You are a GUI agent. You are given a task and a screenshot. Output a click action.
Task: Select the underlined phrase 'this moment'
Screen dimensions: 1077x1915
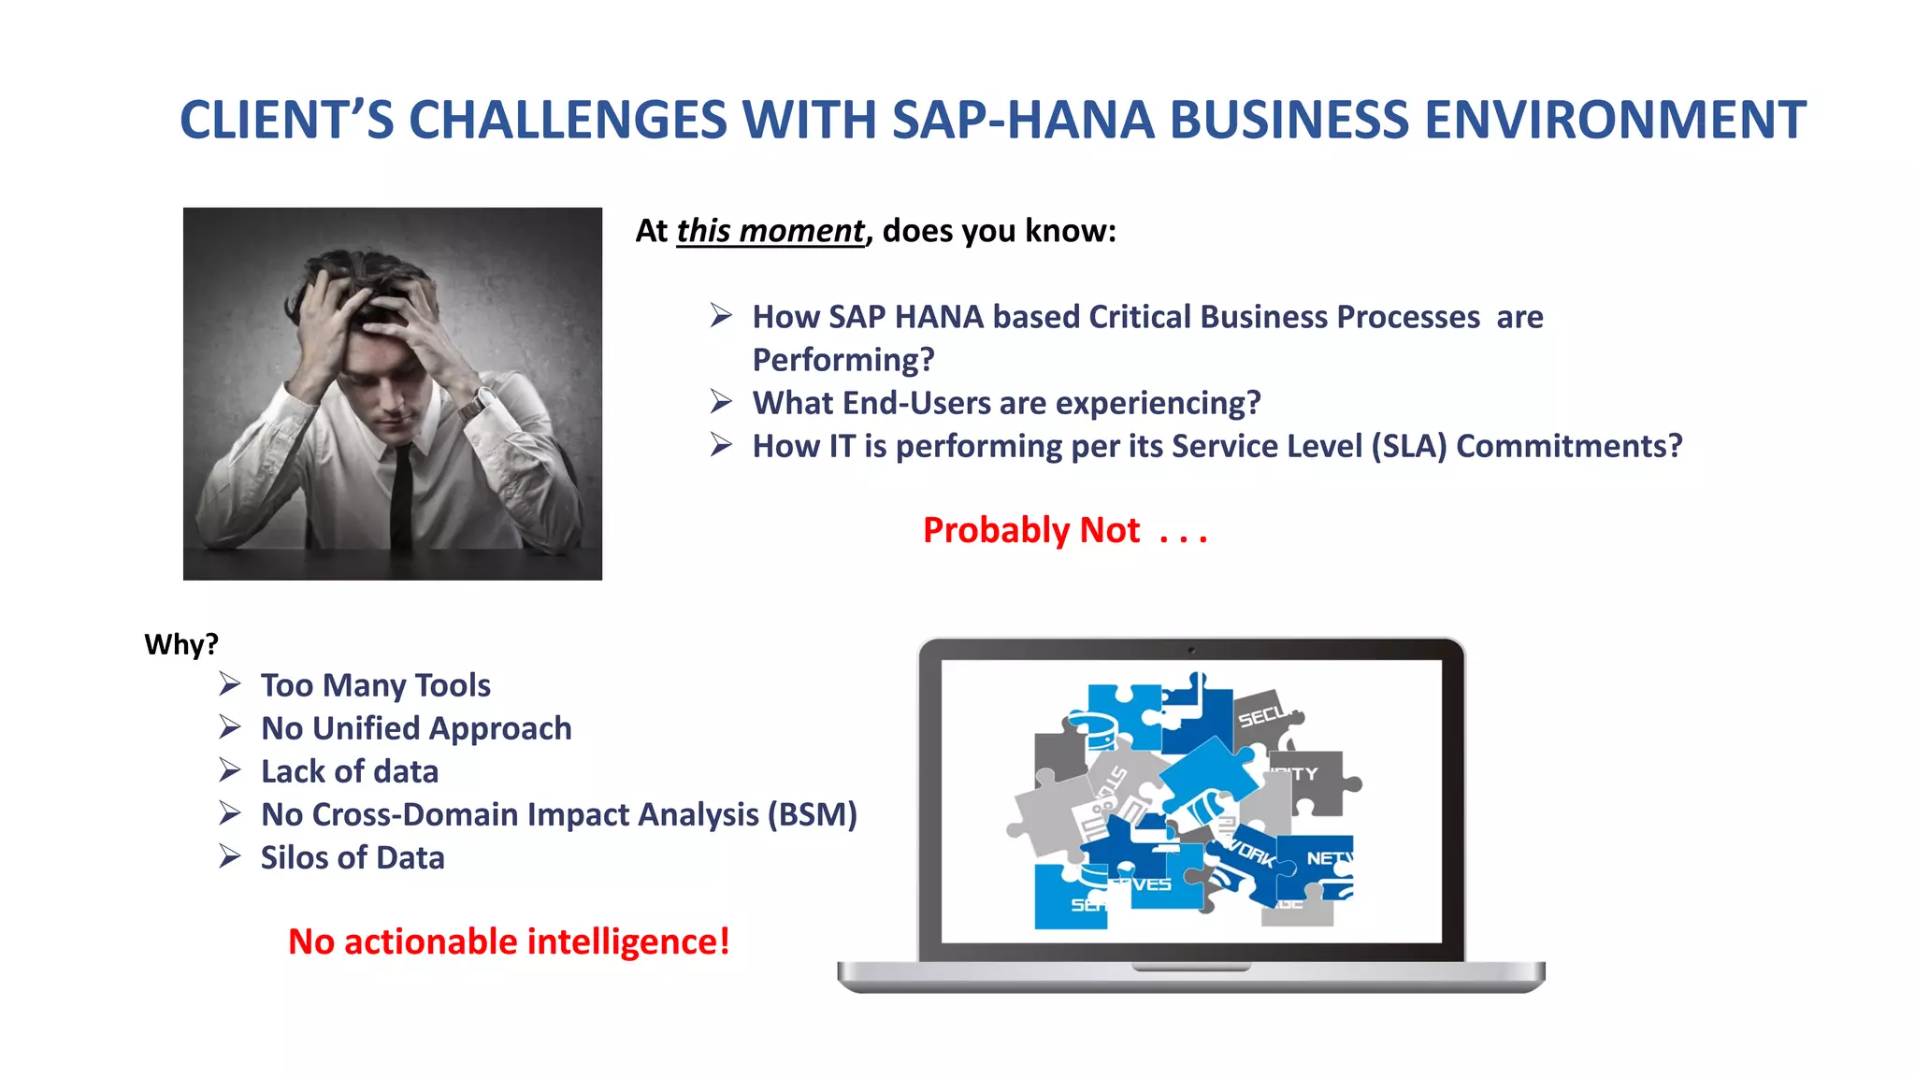coord(770,231)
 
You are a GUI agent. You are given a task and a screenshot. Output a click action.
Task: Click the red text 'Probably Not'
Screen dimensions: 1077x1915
coord(1030,530)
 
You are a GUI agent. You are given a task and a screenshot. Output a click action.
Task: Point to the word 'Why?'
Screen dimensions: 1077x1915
coord(181,644)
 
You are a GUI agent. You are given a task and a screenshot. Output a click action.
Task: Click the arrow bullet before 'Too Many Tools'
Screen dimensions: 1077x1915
coord(230,684)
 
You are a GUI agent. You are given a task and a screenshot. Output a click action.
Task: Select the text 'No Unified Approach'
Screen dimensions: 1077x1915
coord(416,728)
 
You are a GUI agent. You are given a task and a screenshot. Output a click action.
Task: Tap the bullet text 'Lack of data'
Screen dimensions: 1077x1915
coord(350,771)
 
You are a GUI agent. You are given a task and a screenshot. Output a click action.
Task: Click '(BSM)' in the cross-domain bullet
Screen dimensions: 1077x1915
coord(812,814)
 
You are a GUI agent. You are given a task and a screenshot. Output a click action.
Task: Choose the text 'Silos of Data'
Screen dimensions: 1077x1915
coord(353,857)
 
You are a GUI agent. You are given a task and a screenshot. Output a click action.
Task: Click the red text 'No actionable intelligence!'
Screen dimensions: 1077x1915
coord(509,941)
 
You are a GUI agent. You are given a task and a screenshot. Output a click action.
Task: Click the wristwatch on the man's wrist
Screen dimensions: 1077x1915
coord(477,403)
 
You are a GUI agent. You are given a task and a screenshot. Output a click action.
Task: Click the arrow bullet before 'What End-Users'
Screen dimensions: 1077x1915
coord(721,402)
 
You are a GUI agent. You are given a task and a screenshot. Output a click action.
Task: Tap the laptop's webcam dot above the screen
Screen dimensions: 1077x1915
coord(1191,650)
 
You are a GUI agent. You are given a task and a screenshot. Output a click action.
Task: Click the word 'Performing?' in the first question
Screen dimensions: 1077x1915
coord(843,360)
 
